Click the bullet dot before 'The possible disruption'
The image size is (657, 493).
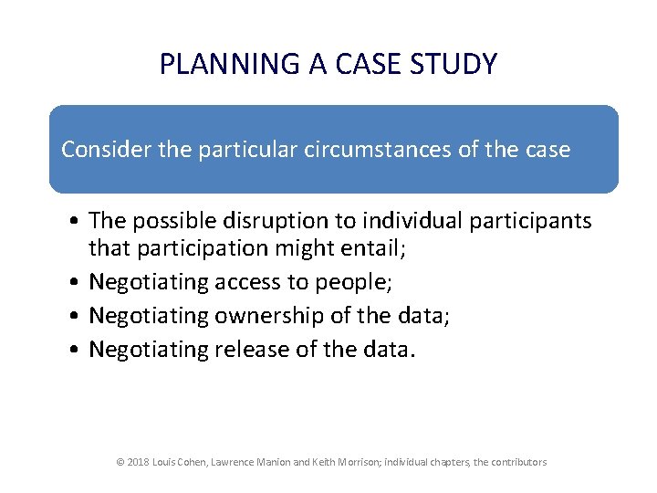[76, 222]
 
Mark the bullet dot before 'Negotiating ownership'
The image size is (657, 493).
[76, 317]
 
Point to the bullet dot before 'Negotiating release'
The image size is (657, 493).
[76, 350]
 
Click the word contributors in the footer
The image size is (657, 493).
[517, 462]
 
